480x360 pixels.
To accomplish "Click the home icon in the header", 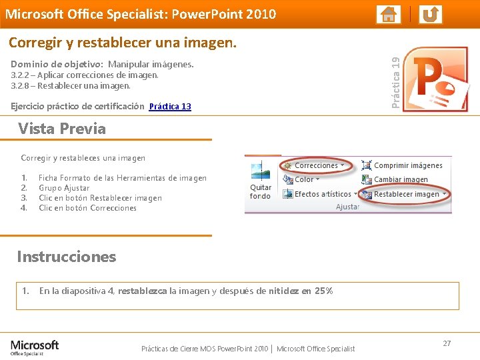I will tap(388, 14).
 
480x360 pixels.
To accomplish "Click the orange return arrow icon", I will tap(431, 14).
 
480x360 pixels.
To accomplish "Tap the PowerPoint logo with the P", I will tap(439, 79).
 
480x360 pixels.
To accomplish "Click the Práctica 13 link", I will tap(170, 107).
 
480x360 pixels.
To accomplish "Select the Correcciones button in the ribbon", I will tap(315, 165).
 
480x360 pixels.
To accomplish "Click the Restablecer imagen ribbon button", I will tap(405, 195).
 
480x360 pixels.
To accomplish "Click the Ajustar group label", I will tap(347, 207).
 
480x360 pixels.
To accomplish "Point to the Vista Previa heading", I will tap(62, 129).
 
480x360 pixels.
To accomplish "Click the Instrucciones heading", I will tap(67, 257).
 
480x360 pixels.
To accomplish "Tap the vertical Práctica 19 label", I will tap(396, 83).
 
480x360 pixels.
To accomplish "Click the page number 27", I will tap(447, 343).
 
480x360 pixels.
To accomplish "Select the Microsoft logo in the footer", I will tap(35, 346).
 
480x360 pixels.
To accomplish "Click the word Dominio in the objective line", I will tap(28, 65).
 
